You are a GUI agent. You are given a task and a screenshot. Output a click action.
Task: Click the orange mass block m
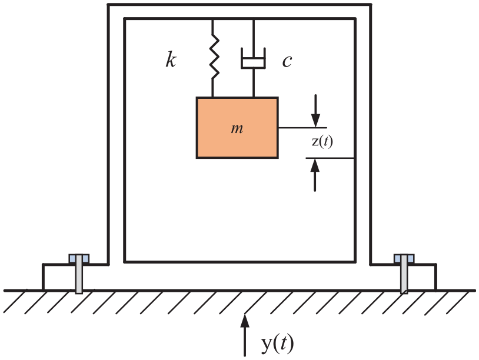coord(237,128)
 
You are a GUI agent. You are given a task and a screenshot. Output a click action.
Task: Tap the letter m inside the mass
coord(237,129)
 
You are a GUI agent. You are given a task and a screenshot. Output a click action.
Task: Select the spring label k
coord(171,59)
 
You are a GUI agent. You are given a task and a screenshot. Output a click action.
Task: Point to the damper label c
coord(287,61)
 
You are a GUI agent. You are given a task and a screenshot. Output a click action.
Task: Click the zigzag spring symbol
coord(215,56)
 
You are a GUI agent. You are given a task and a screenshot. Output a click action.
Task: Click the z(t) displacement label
coord(322,142)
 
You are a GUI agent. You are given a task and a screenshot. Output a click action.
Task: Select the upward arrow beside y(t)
coord(245,335)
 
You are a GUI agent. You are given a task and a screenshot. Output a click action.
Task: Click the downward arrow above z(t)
coord(315,111)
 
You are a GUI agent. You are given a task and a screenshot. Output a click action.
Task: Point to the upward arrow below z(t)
coord(315,175)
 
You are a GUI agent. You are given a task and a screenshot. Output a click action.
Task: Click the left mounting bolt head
coord(79,259)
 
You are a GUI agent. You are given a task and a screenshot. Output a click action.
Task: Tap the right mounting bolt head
coord(404,259)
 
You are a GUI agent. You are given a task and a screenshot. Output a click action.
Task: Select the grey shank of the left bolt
coord(79,274)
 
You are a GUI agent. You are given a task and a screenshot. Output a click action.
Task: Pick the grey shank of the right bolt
coord(404,274)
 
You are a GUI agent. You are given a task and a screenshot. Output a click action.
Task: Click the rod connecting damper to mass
coord(254,83)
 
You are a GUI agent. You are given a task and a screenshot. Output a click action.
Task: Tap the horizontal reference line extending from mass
coord(302,127)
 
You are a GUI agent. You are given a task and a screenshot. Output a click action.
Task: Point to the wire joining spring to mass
coord(212,88)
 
